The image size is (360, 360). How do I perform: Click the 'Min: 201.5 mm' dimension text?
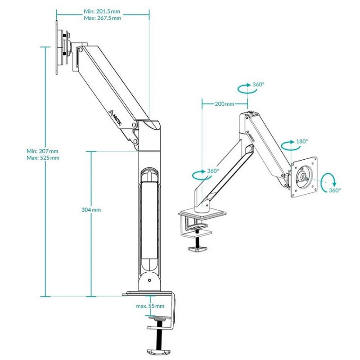point(102,11)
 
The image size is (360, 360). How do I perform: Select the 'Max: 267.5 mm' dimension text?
point(103,18)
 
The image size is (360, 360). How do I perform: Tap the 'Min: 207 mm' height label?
point(42,151)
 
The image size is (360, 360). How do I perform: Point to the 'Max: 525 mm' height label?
point(43,158)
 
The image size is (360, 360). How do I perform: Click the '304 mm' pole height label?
point(91,210)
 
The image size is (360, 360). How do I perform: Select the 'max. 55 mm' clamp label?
point(150,306)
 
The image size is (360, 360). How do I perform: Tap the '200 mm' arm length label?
point(225,104)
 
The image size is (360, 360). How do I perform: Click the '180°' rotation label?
point(302,141)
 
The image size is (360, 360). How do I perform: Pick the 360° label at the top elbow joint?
point(258,84)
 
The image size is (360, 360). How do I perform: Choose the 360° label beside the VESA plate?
point(335,190)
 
